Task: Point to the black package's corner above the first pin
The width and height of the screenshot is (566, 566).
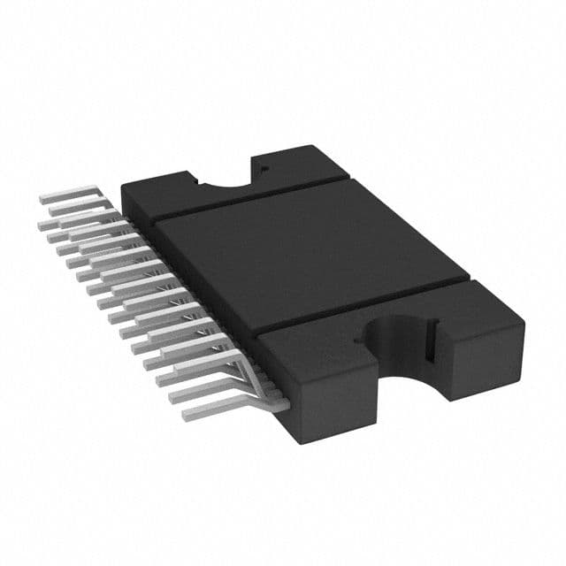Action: pyautogui.click(x=125, y=187)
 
